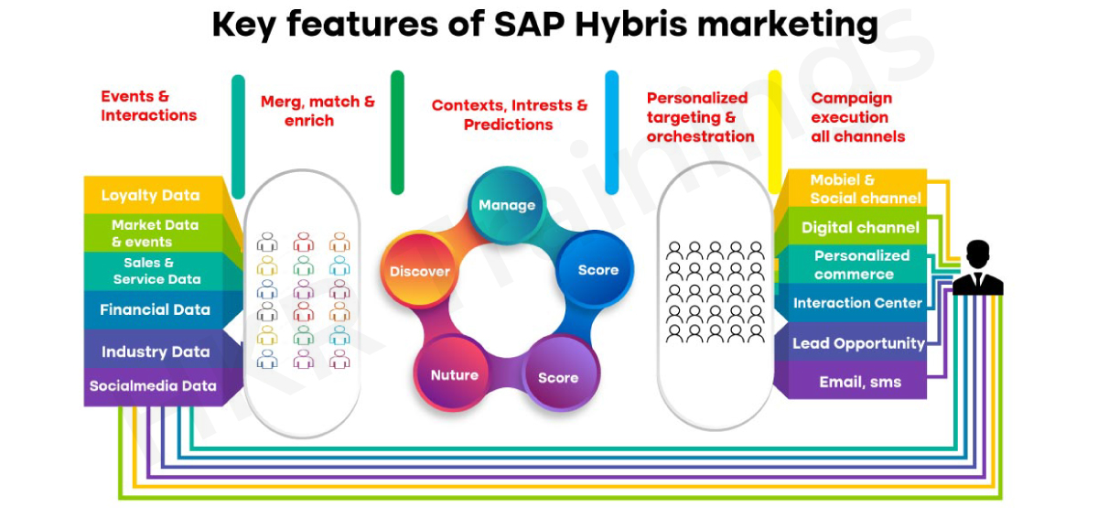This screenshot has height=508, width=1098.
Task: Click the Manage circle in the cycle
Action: coord(506,204)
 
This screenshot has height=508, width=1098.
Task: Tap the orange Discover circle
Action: coord(420,271)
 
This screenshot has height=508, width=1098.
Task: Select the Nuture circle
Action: coord(454,374)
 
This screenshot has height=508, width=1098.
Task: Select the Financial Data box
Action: coord(154,310)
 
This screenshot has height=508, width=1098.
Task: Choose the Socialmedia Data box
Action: coord(154,387)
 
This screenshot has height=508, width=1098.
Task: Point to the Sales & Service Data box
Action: coord(154,272)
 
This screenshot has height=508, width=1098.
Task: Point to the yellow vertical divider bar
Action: coord(775,133)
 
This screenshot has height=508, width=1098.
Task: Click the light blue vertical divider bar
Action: coord(612,133)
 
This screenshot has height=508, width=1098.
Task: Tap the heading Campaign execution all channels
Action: coord(858,117)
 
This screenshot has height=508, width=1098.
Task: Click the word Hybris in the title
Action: coord(631,24)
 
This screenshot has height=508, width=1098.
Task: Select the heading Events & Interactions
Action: coord(148,105)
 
